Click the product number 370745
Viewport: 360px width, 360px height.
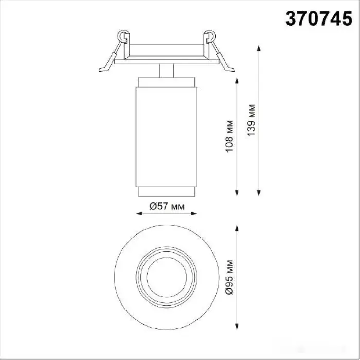tap(319, 19)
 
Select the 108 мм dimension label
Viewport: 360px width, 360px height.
tap(229, 136)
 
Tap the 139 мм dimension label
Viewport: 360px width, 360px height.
tap(251, 120)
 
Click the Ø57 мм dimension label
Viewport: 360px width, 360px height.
tap(167, 206)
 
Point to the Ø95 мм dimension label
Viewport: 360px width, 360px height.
tap(229, 277)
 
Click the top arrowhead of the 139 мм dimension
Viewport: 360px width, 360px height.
tap(259, 48)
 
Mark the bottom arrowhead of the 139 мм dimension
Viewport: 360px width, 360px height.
tap(259, 193)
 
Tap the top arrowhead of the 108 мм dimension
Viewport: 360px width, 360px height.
tap(237, 81)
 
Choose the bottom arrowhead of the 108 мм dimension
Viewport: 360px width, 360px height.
tap(237, 193)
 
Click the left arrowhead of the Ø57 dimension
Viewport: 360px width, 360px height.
tap(139, 214)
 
